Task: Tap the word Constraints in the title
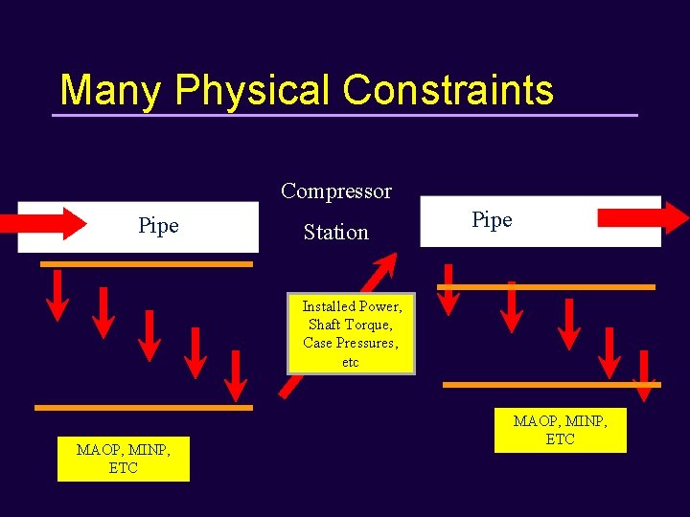[448, 90]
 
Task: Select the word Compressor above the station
[335, 191]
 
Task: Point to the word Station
[335, 232]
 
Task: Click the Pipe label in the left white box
[158, 226]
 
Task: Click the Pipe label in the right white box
[492, 220]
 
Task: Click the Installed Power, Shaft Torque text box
[351, 333]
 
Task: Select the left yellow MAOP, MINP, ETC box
[123, 459]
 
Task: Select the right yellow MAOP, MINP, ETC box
[560, 430]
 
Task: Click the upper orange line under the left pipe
[147, 263]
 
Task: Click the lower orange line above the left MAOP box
[144, 407]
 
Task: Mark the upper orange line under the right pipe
[545, 286]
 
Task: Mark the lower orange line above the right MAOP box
[551, 385]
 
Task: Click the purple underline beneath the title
[344, 115]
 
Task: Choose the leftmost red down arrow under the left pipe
[57, 295]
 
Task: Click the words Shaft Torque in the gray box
[350, 325]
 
